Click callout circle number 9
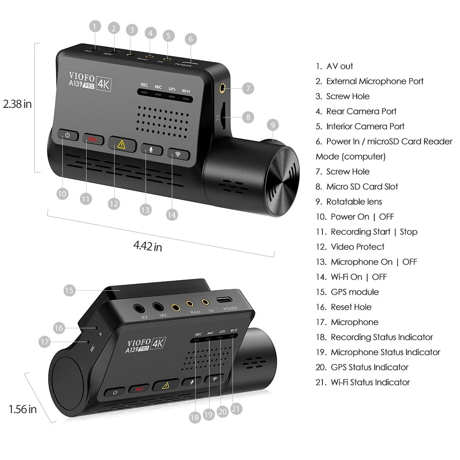(x=273, y=125)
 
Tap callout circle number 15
(x=69, y=290)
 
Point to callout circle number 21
(x=236, y=408)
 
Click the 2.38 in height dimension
(x=17, y=104)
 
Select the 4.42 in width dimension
(x=148, y=246)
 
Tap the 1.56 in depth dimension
(x=23, y=409)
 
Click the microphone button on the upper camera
(x=151, y=149)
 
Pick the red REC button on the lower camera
(x=139, y=389)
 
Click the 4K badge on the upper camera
(x=103, y=84)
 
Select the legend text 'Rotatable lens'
(x=354, y=202)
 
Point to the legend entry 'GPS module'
(x=354, y=292)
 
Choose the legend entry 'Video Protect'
(x=357, y=247)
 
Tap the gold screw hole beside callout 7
(x=222, y=88)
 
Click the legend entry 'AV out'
(x=339, y=66)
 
